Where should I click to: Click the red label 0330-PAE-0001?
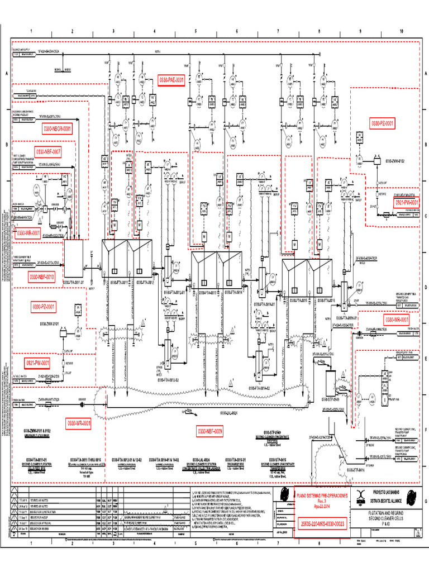(x=171, y=80)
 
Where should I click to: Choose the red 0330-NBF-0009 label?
(x=210, y=431)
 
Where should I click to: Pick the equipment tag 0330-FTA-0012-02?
(x=168, y=380)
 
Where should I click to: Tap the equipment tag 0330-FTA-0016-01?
(x=345, y=318)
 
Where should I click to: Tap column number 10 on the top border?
(x=401, y=31)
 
